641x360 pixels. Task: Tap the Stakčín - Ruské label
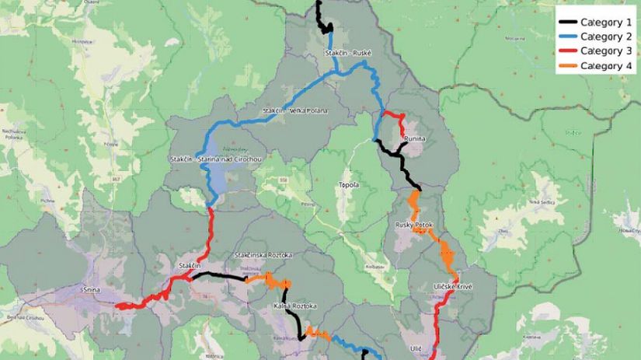point(348,54)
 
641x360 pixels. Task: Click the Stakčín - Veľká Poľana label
point(295,111)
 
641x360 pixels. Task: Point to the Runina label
point(414,138)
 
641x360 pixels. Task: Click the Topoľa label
point(349,185)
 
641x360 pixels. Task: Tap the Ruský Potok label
point(413,225)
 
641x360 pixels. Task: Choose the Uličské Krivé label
point(453,287)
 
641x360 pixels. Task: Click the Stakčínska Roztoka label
point(263,255)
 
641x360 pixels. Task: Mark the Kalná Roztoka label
point(295,306)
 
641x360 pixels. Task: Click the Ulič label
point(416,350)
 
